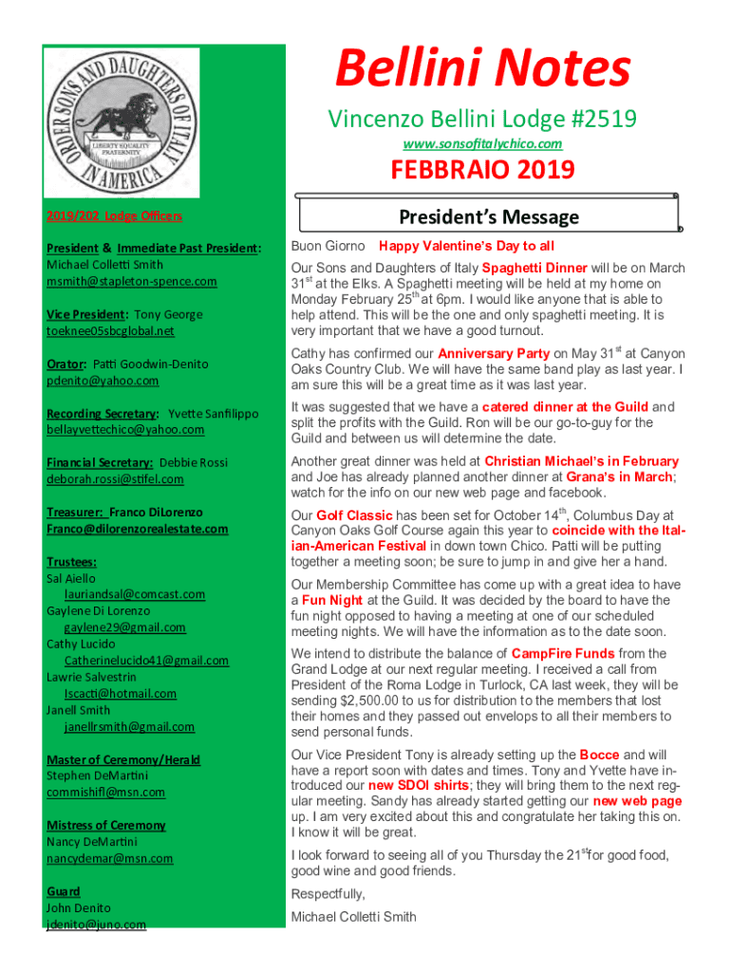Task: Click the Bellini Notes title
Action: pos(482,69)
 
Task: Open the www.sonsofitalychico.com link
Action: pos(482,143)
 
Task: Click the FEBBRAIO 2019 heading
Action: pos(483,170)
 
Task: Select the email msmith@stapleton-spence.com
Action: pos(131,281)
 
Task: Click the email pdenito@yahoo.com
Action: pos(103,380)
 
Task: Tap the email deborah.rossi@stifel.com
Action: pos(115,478)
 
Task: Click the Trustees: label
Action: pos(71,561)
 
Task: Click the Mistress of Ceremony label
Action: pos(105,825)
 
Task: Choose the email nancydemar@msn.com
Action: pos(109,858)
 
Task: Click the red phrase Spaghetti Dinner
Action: pos(534,268)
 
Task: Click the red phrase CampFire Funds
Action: pos(562,654)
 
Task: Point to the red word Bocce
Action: pos(599,755)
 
